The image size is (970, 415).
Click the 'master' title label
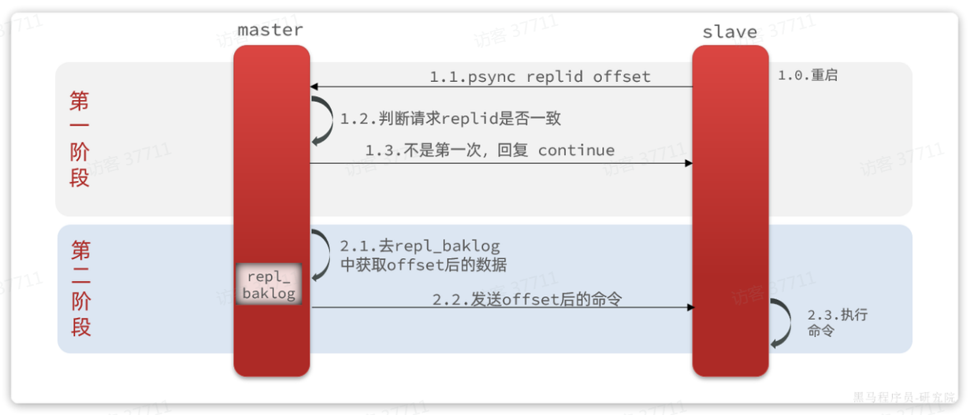tap(270, 31)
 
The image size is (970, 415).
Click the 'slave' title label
tap(730, 33)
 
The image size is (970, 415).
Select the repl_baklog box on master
tap(269, 285)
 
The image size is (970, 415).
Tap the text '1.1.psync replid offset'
tap(540, 76)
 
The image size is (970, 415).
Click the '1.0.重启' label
tap(808, 76)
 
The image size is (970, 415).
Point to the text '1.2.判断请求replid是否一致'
tap(450, 119)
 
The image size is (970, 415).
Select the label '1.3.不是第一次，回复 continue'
tap(489, 150)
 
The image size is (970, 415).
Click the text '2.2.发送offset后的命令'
tap(526, 299)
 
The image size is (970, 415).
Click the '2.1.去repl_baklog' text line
tap(420, 246)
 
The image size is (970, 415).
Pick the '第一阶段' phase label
tap(80, 139)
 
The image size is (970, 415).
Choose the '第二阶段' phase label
tap(80, 288)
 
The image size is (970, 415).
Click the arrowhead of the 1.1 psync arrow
tap(314, 87)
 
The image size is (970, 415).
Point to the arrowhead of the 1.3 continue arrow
tap(688, 163)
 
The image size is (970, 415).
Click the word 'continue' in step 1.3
tap(576, 150)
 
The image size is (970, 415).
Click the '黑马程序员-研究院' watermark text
tap(905, 397)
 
